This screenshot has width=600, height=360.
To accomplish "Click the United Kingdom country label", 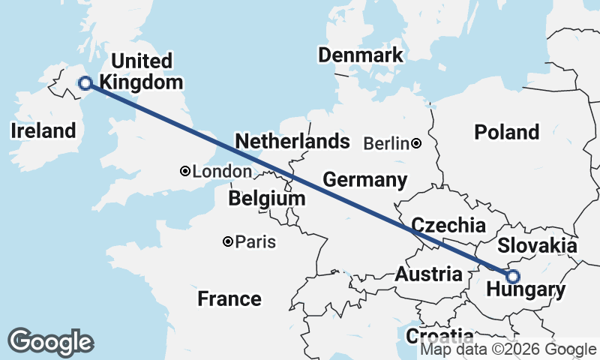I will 142,71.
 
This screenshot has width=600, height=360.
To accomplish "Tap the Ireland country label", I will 43,131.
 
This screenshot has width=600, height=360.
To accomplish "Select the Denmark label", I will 360,55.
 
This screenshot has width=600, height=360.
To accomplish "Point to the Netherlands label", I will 292,142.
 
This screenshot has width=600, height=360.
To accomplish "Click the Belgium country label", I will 268,199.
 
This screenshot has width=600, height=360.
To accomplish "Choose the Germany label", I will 364,180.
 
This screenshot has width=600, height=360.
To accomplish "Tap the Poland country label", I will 507,133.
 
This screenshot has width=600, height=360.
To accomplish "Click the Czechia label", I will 448,225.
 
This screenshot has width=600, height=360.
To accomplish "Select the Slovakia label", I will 537,246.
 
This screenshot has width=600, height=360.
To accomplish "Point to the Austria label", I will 428,274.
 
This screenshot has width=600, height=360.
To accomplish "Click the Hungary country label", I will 525,290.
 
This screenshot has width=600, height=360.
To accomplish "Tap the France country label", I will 229,299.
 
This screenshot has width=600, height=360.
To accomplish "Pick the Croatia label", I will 439,335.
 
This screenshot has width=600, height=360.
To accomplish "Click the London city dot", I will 185,171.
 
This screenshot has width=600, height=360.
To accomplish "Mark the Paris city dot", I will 228,241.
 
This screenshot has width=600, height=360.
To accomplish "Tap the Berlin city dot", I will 415,143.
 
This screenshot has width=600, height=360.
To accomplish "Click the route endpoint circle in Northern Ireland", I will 85,83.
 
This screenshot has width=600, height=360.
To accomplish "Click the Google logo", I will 50,341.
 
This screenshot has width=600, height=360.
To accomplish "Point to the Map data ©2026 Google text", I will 508,349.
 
